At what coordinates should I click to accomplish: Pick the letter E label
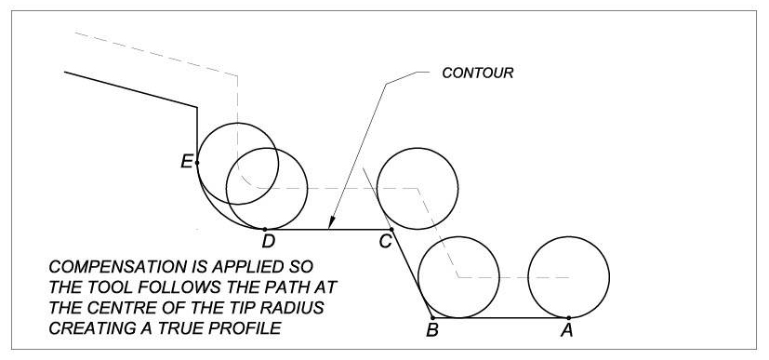[187, 162]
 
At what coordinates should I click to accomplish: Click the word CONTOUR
[478, 72]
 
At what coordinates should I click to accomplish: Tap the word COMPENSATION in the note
[107, 263]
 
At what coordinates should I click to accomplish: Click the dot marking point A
[568, 318]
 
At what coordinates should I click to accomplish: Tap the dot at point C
[391, 229]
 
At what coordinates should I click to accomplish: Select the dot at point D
[266, 229]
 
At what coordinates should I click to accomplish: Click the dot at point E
[197, 162]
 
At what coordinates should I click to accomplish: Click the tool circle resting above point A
[568, 277]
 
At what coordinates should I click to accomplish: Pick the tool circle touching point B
[458, 277]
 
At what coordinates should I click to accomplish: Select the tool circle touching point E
[237, 162]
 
